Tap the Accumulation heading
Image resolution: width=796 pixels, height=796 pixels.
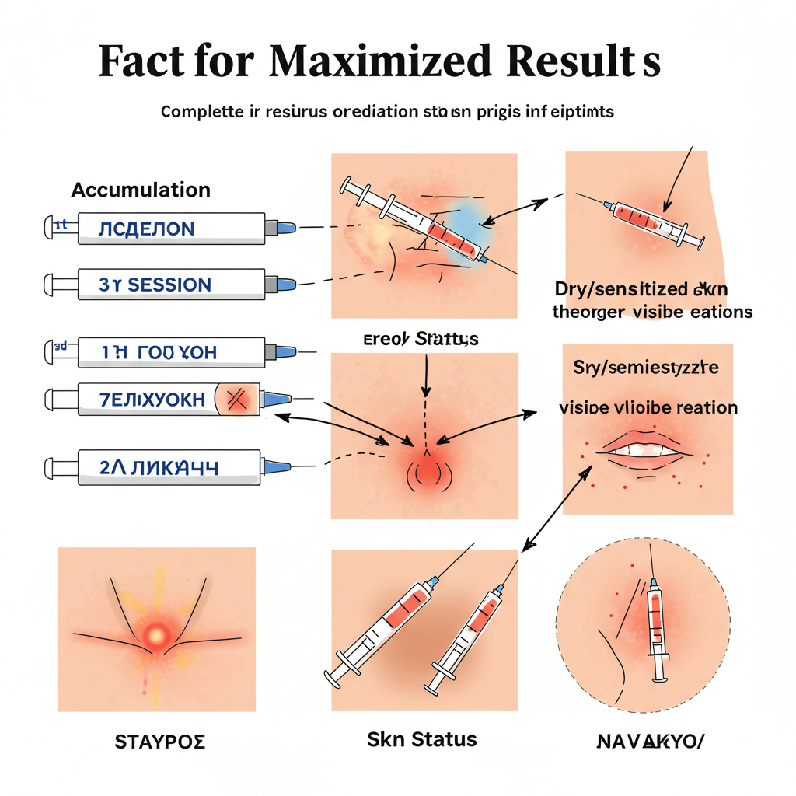[x=141, y=190]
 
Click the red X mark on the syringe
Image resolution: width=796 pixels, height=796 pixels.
[x=236, y=399]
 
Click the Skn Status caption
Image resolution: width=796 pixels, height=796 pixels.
[x=421, y=738]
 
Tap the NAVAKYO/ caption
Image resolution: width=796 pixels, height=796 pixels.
[x=649, y=740]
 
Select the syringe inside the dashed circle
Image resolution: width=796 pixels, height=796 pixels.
[x=658, y=622]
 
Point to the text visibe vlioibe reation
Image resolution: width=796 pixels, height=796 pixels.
[x=648, y=407]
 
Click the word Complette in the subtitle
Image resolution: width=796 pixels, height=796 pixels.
[x=201, y=111]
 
